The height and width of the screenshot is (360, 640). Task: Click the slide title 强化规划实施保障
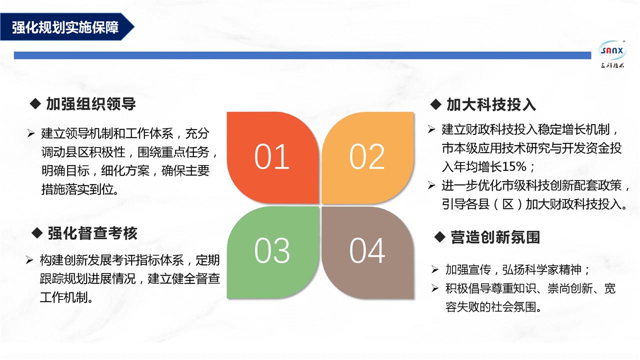pyautogui.click(x=65, y=27)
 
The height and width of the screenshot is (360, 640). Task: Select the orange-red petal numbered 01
pyautogui.click(x=272, y=157)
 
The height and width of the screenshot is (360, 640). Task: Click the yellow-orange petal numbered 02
pyautogui.click(x=367, y=157)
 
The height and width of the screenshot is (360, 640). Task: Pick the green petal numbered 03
pyautogui.click(x=272, y=252)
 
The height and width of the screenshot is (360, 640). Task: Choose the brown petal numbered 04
pyautogui.click(x=367, y=252)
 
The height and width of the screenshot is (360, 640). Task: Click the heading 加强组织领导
pyautogui.click(x=91, y=103)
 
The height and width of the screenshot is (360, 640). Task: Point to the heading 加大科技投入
pyautogui.click(x=491, y=104)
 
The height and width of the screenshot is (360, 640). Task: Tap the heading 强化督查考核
pyautogui.click(x=92, y=233)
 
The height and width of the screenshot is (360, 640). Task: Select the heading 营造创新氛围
pyautogui.click(x=495, y=237)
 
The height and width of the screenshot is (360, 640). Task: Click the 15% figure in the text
pyautogui.click(x=514, y=166)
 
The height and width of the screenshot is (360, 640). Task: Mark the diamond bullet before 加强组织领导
pyautogui.click(x=35, y=103)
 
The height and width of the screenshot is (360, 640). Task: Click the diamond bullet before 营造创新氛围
pyautogui.click(x=439, y=237)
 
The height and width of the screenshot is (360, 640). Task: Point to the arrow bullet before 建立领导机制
pyautogui.click(x=31, y=133)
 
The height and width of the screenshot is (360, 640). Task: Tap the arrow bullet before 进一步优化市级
pyautogui.click(x=431, y=185)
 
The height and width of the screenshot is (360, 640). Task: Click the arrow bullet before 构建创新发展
pyautogui.click(x=29, y=260)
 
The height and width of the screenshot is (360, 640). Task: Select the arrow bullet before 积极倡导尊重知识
pyautogui.click(x=435, y=288)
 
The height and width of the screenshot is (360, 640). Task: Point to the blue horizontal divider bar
pyautogui.click(x=302, y=55)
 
